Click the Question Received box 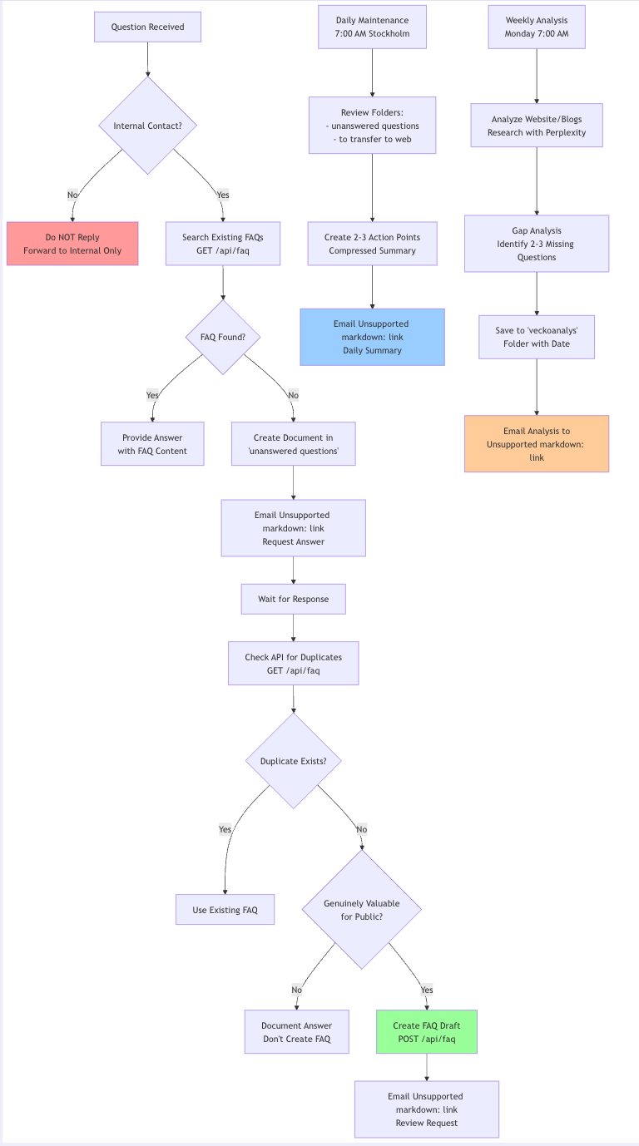[148, 27]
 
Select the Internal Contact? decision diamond [148, 126]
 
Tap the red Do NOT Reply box [72, 244]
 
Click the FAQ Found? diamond [223, 338]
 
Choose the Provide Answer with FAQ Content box [152, 444]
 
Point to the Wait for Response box [293, 599]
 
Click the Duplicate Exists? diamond [294, 761]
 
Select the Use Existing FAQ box [225, 910]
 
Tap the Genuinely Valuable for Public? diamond [361, 910]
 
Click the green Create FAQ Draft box [426, 1032]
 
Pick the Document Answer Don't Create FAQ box [297, 1032]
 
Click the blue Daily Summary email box [372, 337]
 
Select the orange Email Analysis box [537, 444]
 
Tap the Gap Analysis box [537, 244]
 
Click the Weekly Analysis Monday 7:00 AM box [537, 27]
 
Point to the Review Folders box [372, 126]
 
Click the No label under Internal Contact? [72, 195]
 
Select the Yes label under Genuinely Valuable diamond [427, 990]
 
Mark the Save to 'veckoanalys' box [537, 337]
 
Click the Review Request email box [426, 1109]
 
